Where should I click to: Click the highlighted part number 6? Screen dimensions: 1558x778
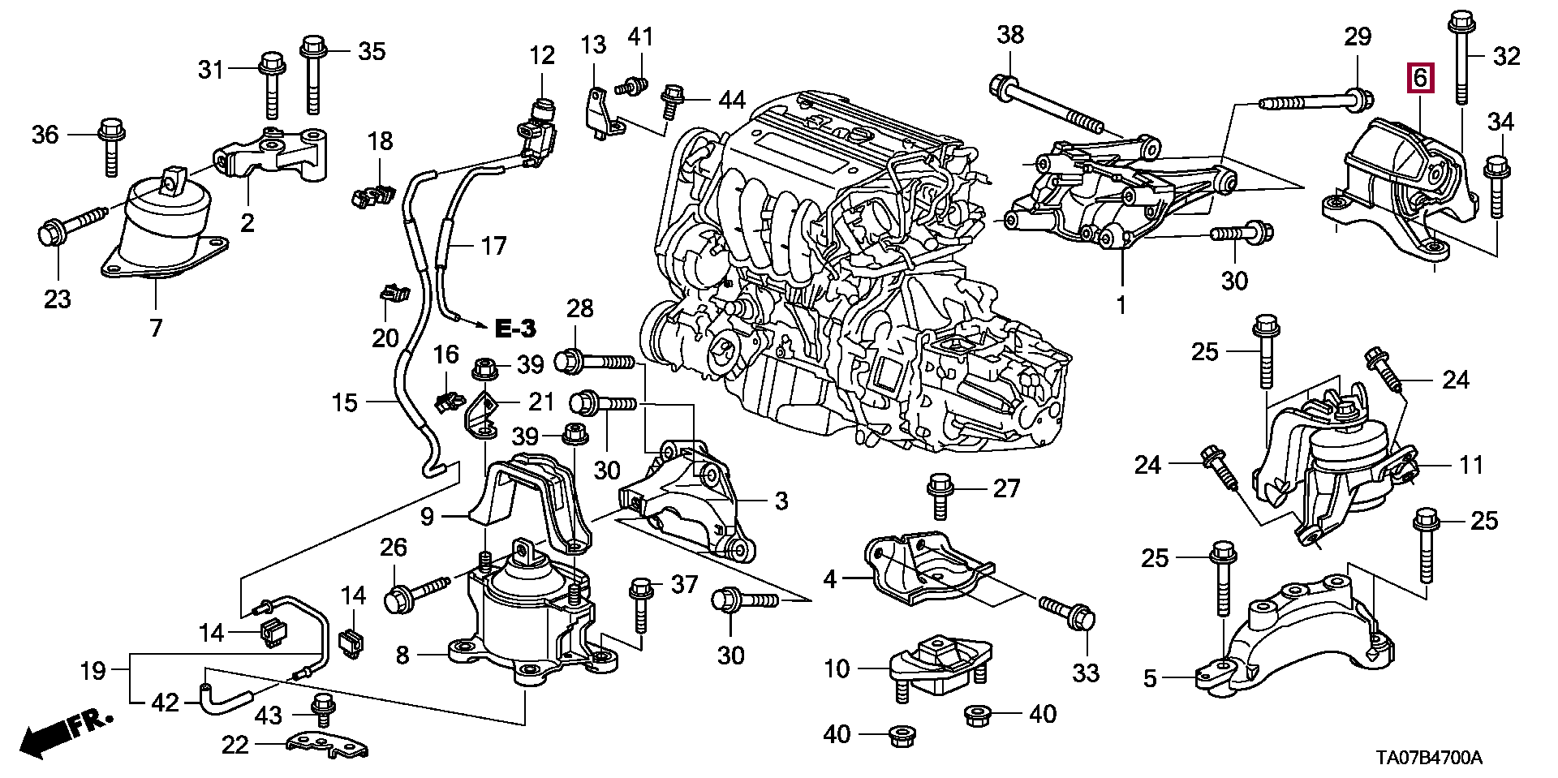(x=1419, y=79)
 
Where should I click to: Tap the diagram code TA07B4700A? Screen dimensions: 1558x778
(x=1429, y=759)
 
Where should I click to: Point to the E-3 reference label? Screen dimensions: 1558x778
(x=515, y=328)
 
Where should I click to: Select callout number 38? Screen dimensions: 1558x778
(x=1010, y=34)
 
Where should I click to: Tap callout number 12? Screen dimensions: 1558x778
(x=542, y=55)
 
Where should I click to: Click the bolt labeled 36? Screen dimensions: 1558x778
(x=110, y=146)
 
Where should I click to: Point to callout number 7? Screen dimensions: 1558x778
(x=155, y=328)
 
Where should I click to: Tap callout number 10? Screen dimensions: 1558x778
(x=837, y=669)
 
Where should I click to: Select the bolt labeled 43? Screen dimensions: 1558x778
(x=323, y=711)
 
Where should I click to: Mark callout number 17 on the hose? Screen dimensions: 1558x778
(x=493, y=245)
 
